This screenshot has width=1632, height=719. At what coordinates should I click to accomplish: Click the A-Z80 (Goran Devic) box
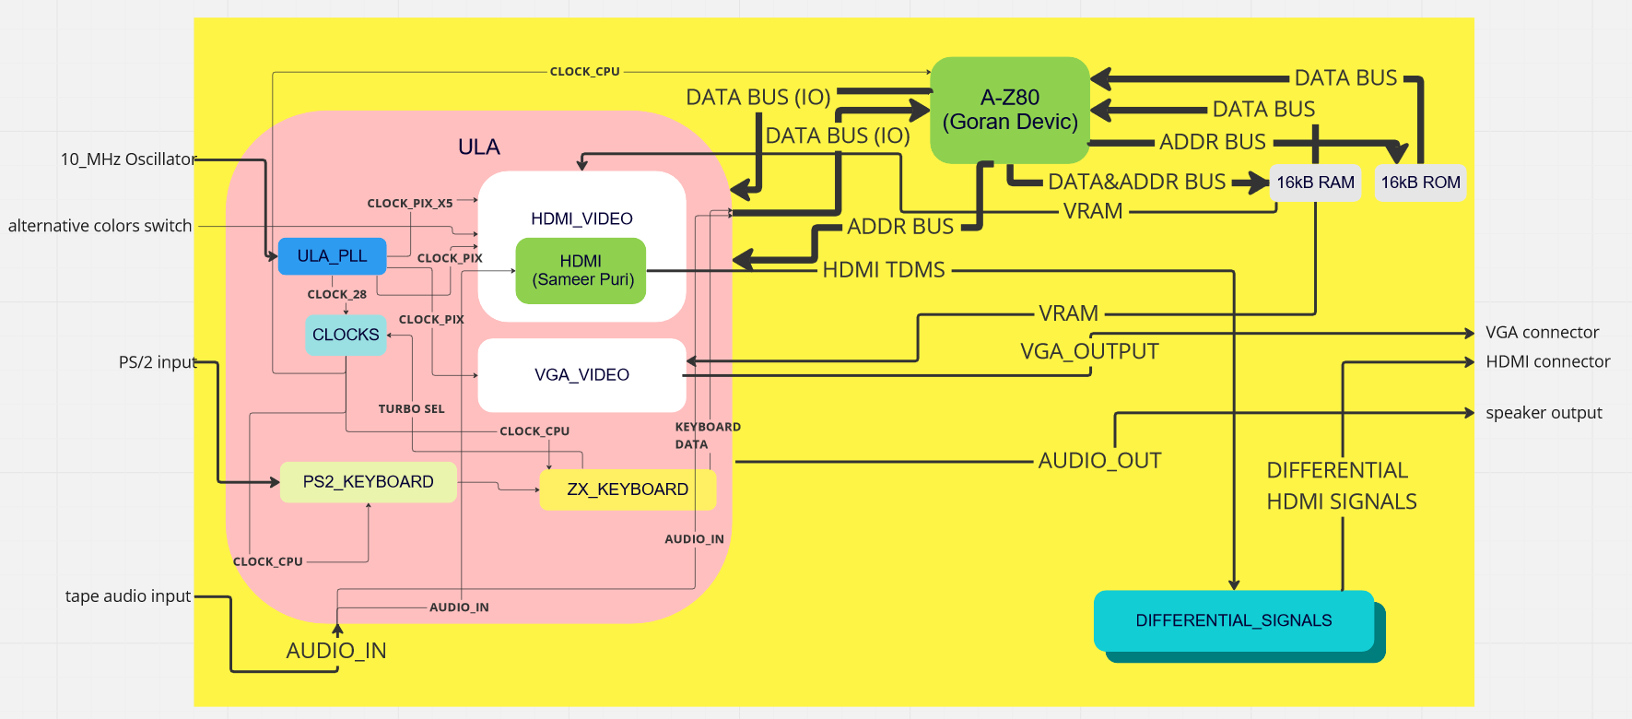(x=1010, y=110)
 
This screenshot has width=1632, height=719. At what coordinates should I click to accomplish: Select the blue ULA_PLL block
(x=332, y=256)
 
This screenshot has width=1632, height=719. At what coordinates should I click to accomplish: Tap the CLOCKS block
(x=346, y=335)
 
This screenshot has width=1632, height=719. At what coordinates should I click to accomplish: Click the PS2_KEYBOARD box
(x=368, y=482)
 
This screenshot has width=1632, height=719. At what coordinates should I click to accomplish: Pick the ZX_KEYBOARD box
(x=628, y=489)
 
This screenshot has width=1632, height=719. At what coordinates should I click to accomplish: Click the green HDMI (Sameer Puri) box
(x=581, y=271)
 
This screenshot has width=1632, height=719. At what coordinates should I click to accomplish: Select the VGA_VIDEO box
(x=581, y=375)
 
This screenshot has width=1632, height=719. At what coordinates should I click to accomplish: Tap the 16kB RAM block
(x=1315, y=183)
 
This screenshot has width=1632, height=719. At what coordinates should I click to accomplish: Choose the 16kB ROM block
(x=1420, y=183)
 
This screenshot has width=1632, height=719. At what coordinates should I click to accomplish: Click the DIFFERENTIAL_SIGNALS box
(x=1233, y=621)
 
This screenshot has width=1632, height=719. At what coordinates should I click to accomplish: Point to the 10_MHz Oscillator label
(x=128, y=159)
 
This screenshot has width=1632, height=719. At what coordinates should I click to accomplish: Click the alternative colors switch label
(x=100, y=226)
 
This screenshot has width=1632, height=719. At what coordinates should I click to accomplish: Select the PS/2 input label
(x=158, y=362)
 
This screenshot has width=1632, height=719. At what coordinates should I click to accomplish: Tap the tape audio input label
(x=128, y=596)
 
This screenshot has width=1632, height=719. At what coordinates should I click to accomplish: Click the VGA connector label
(x=1542, y=333)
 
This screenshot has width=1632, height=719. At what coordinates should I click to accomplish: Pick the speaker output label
(x=1544, y=413)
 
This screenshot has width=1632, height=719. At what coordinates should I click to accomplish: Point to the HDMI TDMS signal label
(x=884, y=270)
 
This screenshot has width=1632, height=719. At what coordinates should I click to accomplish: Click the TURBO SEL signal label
(x=411, y=409)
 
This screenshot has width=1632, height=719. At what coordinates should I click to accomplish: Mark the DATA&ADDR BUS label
(x=1136, y=182)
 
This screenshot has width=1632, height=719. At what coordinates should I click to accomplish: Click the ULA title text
(x=479, y=147)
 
